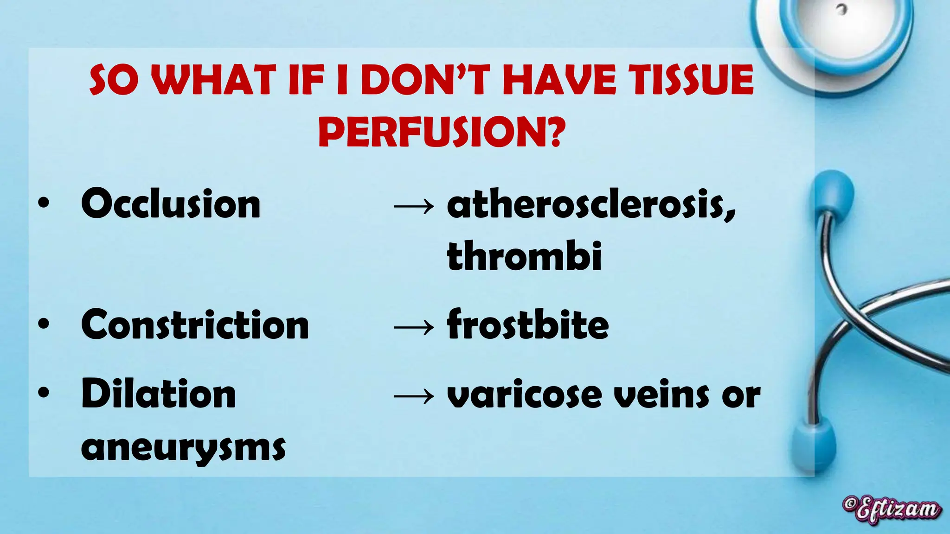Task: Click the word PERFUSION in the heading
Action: tap(441, 132)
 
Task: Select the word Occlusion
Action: tap(171, 204)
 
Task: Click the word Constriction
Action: tap(195, 325)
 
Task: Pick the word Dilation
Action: tap(159, 394)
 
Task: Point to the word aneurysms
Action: tap(183, 448)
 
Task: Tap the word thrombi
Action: tap(524, 256)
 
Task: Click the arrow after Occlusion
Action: tap(414, 206)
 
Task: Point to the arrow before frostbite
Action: tap(414, 327)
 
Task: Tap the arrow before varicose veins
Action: tap(414, 396)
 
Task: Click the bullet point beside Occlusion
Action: tap(44, 204)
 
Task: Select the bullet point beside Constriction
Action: tap(44, 324)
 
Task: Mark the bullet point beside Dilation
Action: tap(44, 394)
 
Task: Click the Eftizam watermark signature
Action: tap(892, 510)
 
